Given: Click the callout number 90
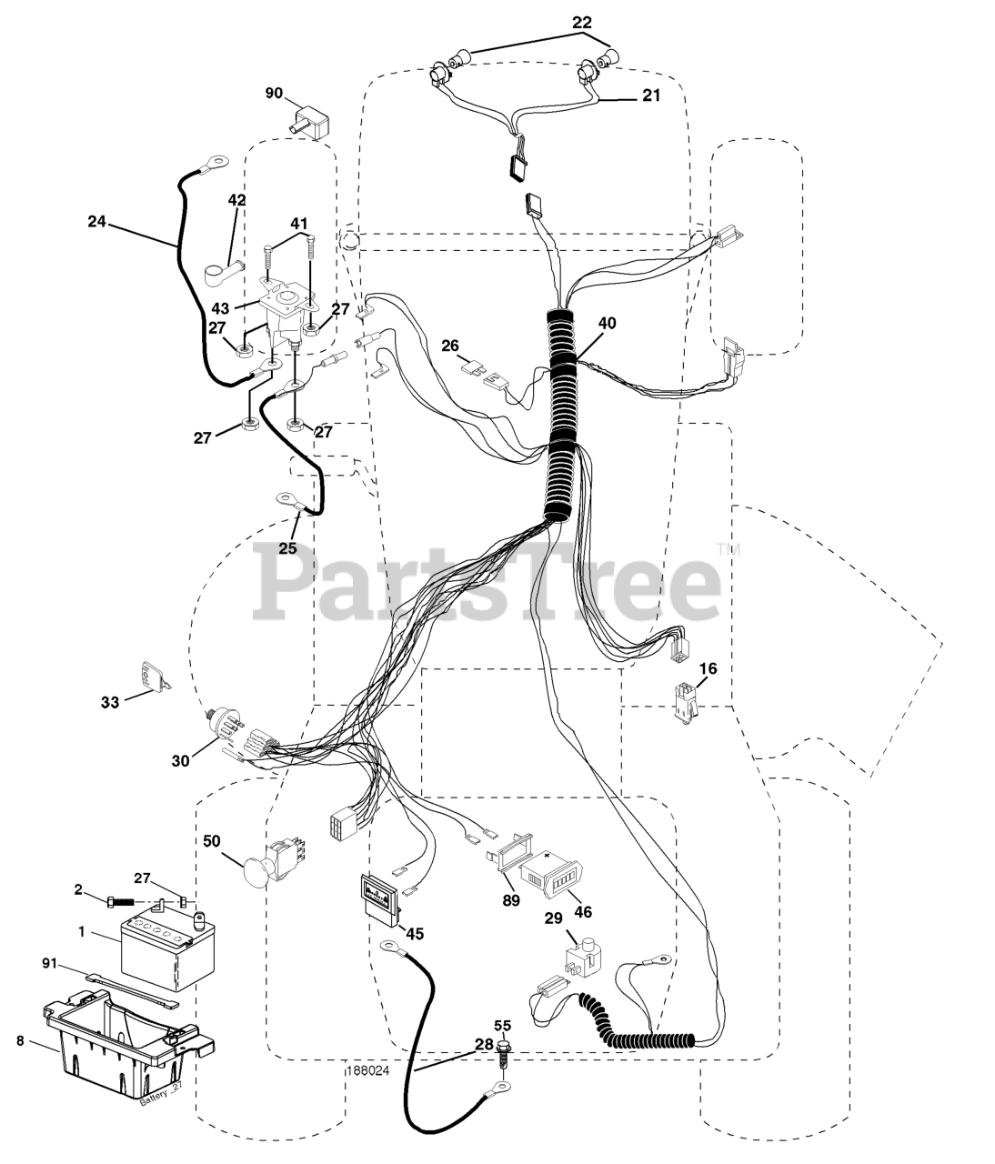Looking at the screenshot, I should click(274, 93).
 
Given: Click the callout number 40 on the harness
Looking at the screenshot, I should click(606, 324).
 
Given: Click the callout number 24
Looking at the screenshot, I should click(97, 220).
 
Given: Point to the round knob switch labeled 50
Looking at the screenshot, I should click(266, 860).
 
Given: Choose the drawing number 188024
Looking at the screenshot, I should click(367, 1070).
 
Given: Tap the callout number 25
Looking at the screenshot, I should click(288, 547).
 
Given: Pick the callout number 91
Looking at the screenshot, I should click(52, 961).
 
